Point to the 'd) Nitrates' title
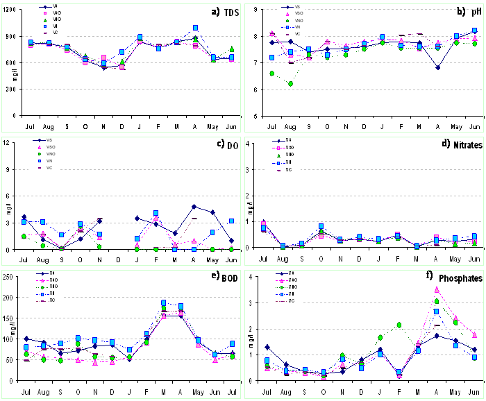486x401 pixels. pyautogui.click(x=453, y=144)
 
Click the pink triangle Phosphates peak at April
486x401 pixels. pyautogui.click(x=437, y=289)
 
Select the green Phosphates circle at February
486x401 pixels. pyautogui.click(x=400, y=325)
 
